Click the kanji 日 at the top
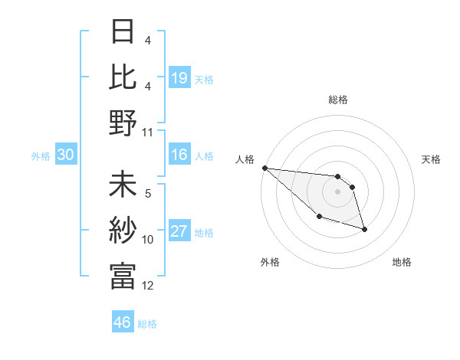(x=123, y=32)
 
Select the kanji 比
(x=123, y=77)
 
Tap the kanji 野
(x=123, y=122)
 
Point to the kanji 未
(x=123, y=187)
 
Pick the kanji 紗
(x=123, y=232)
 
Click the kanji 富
(x=123, y=277)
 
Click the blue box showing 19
(x=179, y=77)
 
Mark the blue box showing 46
(x=123, y=322)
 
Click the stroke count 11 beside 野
(x=148, y=132)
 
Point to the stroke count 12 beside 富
(x=148, y=286)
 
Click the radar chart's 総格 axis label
(x=337, y=100)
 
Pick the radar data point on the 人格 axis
(x=264, y=168)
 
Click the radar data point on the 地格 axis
(x=364, y=229)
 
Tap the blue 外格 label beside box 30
(x=41, y=156)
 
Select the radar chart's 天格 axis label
(x=432, y=159)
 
